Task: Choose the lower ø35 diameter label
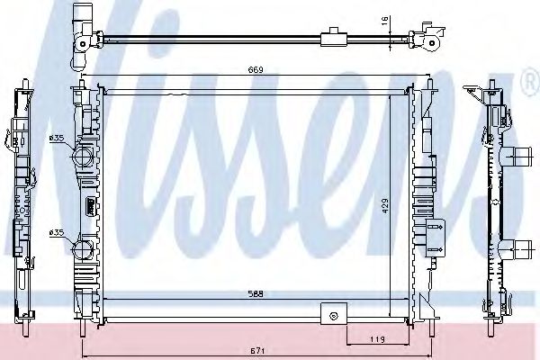coord(56,233)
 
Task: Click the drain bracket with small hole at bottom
coord(334,314)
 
